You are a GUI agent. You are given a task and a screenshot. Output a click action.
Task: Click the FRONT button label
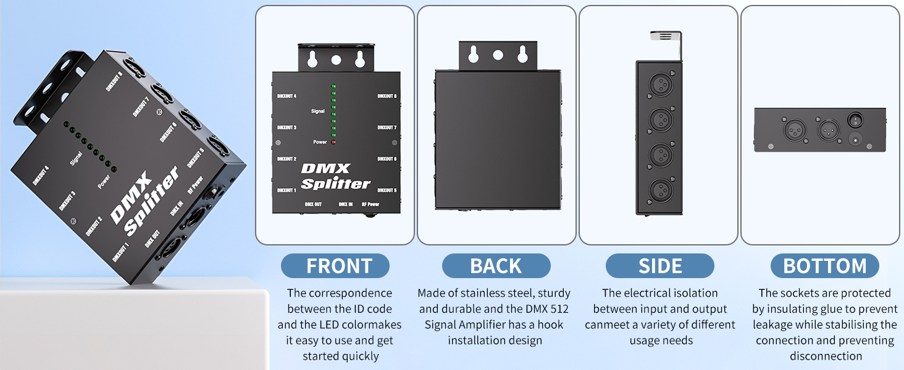339,266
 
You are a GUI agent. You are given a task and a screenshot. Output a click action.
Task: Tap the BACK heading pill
496,266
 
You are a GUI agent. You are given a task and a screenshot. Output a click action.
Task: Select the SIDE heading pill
660,266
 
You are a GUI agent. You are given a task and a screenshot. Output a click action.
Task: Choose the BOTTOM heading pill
825,266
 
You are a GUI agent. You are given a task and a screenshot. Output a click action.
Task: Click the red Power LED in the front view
334,142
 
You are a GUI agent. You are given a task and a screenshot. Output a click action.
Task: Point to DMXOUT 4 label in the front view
287,96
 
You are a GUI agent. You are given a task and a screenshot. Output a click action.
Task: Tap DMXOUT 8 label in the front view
387,96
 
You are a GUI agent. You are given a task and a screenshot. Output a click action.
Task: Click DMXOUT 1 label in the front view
287,191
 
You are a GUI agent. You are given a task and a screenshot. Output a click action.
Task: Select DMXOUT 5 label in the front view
387,191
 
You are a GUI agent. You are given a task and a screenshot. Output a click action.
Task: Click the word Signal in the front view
318,111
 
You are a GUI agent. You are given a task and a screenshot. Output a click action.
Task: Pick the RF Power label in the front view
370,203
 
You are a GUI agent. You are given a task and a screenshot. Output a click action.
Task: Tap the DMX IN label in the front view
346,203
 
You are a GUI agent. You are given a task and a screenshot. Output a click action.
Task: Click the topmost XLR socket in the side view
660,83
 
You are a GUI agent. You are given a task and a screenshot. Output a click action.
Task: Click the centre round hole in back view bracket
498,55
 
